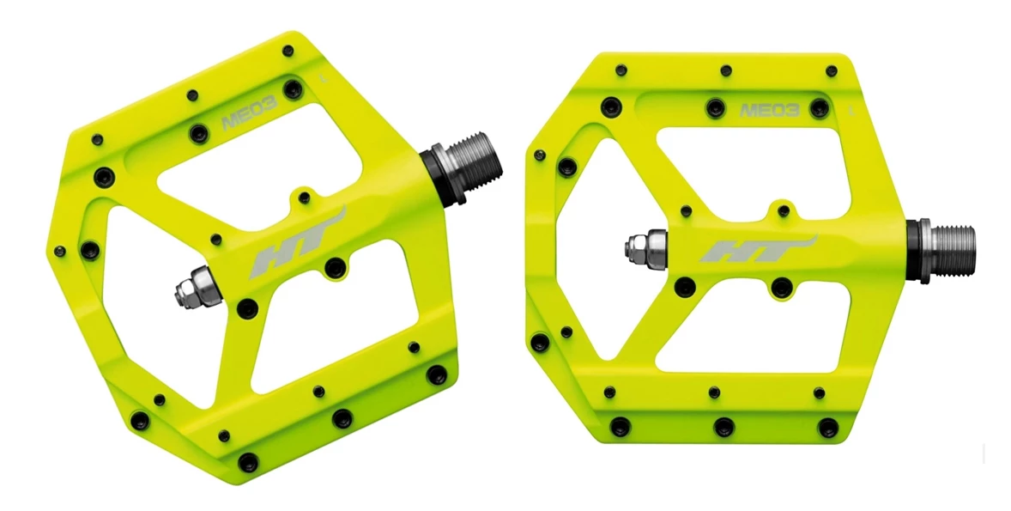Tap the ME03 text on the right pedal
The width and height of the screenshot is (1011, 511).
[770, 110]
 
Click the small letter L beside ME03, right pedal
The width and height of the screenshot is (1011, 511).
[851, 110]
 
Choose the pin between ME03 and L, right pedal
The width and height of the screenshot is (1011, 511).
[820, 107]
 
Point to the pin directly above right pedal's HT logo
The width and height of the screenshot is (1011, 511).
[783, 209]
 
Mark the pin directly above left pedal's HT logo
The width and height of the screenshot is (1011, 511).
[303, 198]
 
